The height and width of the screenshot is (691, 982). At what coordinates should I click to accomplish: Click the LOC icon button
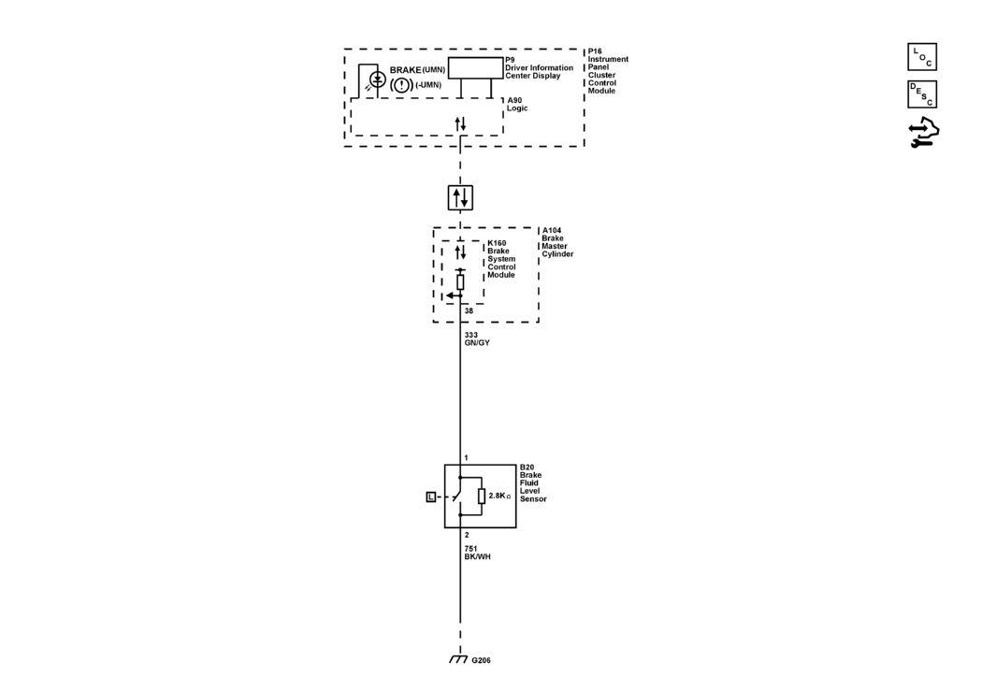tap(922, 57)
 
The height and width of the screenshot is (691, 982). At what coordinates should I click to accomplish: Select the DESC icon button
tap(922, 94)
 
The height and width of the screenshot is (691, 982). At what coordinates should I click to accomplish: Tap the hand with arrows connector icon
tap(924, 132)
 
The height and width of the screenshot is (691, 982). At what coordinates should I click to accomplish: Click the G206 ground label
tap(481, 660)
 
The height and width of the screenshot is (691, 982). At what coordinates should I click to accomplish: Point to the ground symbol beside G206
tap(458, 660)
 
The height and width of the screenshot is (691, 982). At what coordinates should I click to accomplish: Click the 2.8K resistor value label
tap(499, 496)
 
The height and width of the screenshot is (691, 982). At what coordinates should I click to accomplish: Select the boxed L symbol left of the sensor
tap(431, 497)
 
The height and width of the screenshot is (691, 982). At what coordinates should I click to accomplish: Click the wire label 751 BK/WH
tap(477, 553)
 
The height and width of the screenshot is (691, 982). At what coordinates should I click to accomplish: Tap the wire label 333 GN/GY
tap(477, 339)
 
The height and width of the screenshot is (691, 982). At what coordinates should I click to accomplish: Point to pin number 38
tap(469, 311)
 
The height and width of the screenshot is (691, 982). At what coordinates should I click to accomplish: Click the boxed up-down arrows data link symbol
tap(460, 198)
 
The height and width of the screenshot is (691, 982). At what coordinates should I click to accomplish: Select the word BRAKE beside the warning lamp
tap(405, 70)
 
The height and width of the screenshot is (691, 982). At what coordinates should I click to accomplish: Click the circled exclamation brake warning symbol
tap(401, 84)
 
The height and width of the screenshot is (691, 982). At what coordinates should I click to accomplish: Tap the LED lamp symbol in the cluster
tap(378, 79)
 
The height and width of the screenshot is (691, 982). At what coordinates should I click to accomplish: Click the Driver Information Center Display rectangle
tap(476, 68)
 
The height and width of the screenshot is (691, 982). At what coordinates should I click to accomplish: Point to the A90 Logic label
tap(517, 105)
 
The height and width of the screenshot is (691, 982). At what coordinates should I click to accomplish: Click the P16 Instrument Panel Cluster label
tap(608, 71)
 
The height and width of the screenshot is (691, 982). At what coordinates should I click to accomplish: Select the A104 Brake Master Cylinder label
tap(557, 242)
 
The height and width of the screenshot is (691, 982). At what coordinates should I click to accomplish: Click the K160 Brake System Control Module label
tap(501, 259)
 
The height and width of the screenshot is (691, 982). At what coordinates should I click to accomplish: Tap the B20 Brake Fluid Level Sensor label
tap(533, 483)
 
